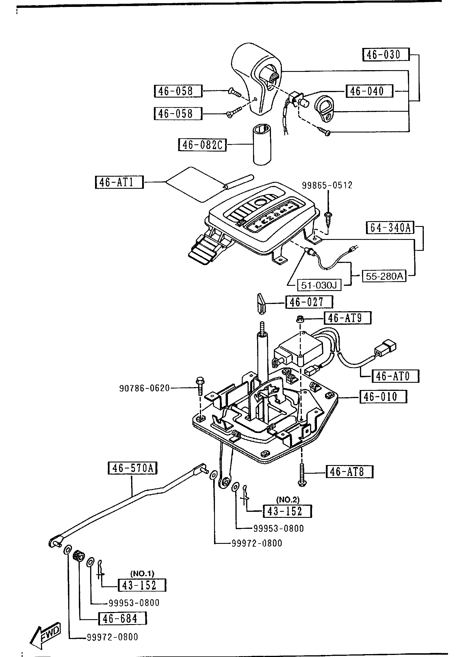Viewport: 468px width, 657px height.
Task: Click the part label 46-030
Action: (386, 55)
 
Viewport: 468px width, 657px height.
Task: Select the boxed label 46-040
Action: (369, 91)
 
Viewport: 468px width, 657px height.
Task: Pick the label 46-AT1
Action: (119, 182)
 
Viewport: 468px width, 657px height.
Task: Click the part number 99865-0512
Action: (327, 185)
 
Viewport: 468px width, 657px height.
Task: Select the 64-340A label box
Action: (390, 228)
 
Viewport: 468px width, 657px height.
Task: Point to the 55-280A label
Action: (384, 276)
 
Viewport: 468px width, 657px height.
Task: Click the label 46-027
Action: (309, 302)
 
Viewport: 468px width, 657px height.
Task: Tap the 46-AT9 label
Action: (348, 318)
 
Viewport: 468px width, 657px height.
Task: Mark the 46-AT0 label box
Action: (395, 376)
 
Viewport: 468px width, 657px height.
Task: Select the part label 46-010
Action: (383, 397)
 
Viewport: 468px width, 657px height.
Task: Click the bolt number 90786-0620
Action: (144, 388)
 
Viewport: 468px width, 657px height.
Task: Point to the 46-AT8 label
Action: (349, 472)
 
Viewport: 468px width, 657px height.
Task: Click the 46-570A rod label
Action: (132, 468)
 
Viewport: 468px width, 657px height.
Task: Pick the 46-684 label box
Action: (122, 619)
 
